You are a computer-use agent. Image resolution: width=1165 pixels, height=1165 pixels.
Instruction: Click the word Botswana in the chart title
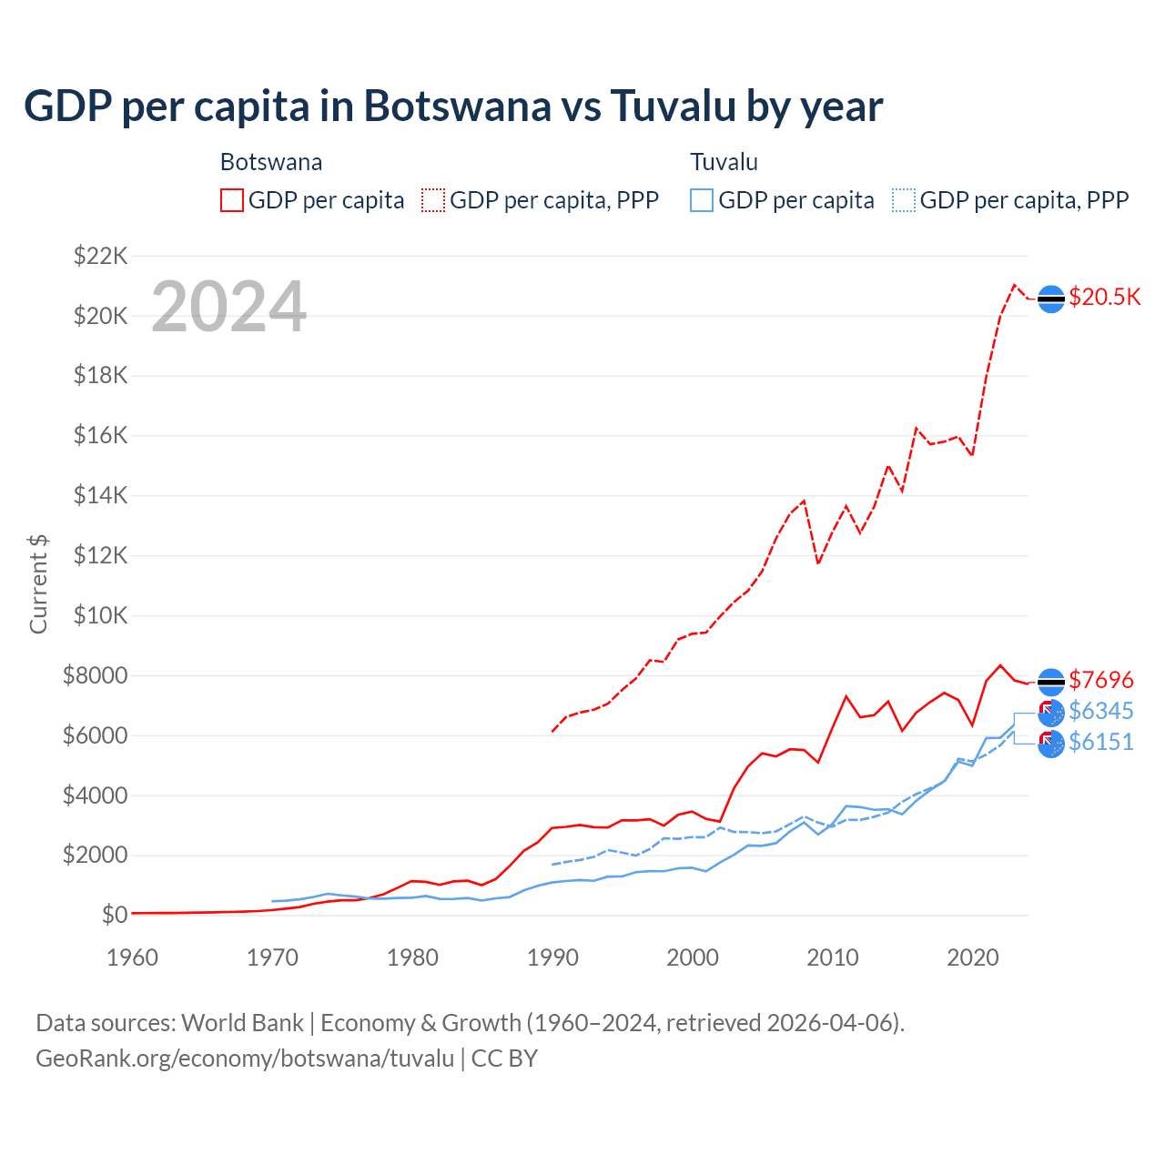[457, 106]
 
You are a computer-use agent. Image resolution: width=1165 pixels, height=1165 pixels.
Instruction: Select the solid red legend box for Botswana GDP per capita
[232, 200]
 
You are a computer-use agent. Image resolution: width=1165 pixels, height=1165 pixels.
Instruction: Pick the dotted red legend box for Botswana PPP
[433, 200]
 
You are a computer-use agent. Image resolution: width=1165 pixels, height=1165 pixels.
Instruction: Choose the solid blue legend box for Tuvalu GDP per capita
[702, 200]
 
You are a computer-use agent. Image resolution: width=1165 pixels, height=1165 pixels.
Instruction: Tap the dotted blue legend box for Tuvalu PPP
[904, 200]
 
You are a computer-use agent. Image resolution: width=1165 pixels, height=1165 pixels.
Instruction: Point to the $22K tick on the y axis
[100, 256]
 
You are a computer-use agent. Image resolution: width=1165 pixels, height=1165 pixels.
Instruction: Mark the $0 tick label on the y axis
[114, 915]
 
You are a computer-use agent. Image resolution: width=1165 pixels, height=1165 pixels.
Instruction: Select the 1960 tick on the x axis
[133, 957]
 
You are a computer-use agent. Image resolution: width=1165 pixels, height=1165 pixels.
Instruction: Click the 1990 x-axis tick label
[552, 957]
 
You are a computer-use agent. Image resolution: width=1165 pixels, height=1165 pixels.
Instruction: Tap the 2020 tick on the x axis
[973, 957]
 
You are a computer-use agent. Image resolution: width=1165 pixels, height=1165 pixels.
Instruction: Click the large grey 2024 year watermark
[228, 307]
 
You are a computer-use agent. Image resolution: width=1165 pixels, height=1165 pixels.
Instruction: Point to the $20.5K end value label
[1104, 298]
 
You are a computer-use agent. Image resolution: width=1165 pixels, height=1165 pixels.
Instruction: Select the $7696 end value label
[1100, 680]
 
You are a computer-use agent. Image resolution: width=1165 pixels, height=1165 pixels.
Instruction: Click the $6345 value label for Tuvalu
[1100, 711]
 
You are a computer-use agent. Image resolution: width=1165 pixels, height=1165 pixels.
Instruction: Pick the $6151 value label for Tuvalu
[1100, 743]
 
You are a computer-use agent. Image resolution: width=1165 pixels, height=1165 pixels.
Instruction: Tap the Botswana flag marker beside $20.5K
[1051, 299]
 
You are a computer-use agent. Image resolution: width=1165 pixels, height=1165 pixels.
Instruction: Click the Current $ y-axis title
[38, 584]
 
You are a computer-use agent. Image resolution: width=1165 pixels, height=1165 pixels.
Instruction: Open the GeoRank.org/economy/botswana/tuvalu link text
[244, 1059]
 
